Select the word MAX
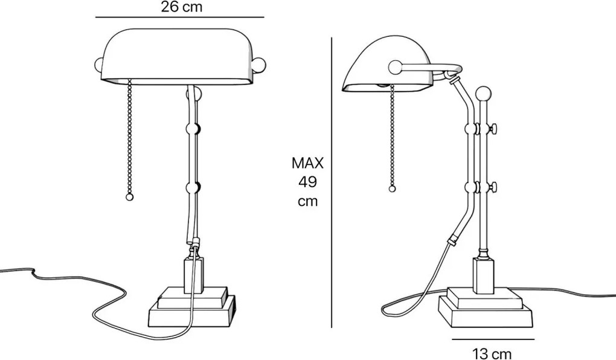(307, 162)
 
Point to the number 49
(307, 182)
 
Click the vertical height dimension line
(332, 181)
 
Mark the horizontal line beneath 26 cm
(179, 18)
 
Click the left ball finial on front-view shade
(100, 65)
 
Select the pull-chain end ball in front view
(129, 197)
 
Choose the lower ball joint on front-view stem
(193, 187)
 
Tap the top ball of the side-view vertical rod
(483, 94)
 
